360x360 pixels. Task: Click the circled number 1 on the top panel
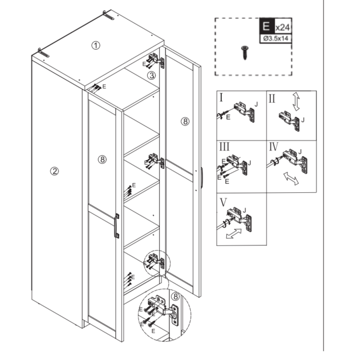click(96, 45)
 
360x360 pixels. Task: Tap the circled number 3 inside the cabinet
click(151, 75)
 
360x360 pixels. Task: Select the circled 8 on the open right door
click(185, 122)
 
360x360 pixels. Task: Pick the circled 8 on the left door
click(102, 160)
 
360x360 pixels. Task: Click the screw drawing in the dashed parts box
click(243, 52)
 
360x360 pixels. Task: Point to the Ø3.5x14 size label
click(276, 39)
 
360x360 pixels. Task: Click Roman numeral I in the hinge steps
click(221, 97)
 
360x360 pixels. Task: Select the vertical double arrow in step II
click(296, 102)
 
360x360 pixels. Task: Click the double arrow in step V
click(234, 233)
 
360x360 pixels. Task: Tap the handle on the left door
click(116, 226)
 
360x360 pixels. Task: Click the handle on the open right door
click(202, 178)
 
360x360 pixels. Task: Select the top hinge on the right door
click(156, 60)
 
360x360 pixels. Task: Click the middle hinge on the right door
click(156, 160)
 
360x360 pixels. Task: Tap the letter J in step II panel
click(303, 120)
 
